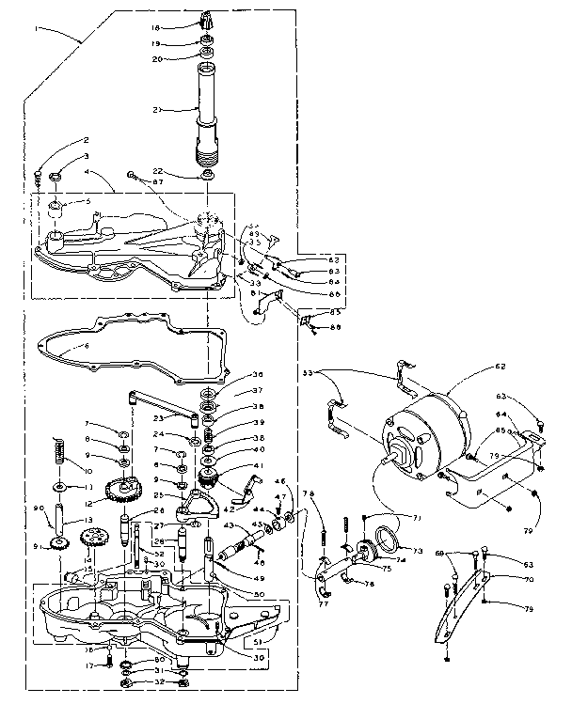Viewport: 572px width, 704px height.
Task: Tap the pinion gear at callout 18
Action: click(209, 20)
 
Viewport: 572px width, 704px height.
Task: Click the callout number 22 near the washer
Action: click(158, 170)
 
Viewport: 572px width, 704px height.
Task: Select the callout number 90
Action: click(38, 508)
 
